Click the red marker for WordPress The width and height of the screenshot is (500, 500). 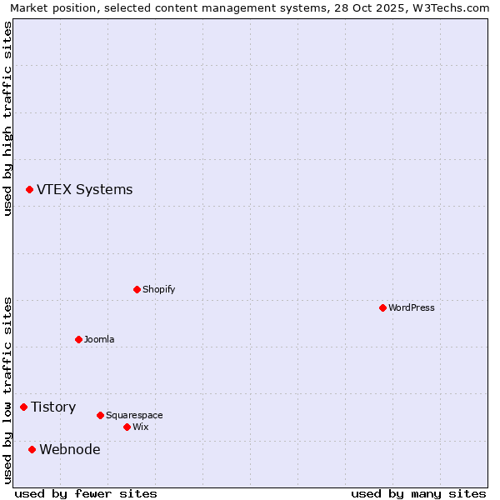pyautogui.click(x=382, y=307)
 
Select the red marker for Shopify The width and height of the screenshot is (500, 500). pyautogui.click(x=137, y=289)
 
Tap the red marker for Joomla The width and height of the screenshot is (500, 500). pyautogui.click(x=78, y=339)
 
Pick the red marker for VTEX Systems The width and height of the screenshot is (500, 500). pyautogui.click(x=29, y=190)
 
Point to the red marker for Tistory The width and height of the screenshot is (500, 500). pyautogui.click(x=23, y=407)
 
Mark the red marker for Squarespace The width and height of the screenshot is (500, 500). pyautogui.click(x=100, y=415)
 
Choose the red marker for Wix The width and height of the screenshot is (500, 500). pyautogui.click(x=127, y=427)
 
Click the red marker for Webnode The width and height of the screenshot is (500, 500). pyautogui.click(x=32, y=449)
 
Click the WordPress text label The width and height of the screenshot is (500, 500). pyautogui.click(x=412, y=307)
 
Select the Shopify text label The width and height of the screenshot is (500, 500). pyautogui.click(x=159, y=289)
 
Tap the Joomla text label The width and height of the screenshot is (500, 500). pyautogui.click(x=99, y=339)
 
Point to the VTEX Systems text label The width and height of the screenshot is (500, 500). pyautogui.click(x=84, y=190)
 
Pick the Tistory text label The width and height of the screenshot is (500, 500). pyautogui.click(x=53, y=407)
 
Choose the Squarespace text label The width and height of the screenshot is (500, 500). pyautogui.click(x=134, y=415)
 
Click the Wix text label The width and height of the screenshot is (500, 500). pyautogui.click(x=141, y=427)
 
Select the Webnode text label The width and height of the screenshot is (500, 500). pyautogui.click(x=70, y=449)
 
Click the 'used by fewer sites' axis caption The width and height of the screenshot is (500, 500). pyautogui.click(x=86, y=493)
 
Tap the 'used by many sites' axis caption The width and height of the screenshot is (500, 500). pyautogui.click(x=418, y=493)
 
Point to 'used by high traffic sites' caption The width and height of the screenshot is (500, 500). pyautogui.click(x=7, y=118)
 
